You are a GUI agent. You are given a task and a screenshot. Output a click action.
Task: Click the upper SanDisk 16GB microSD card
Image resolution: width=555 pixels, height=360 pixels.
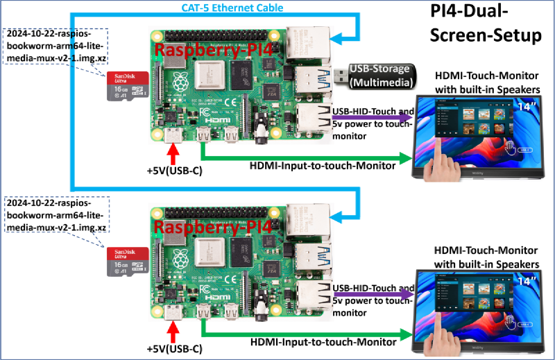pyautogui.click(x=127, y=87)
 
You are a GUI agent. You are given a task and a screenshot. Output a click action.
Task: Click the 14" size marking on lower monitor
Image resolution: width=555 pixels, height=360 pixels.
pyautogui.click(x=525, y=281)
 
